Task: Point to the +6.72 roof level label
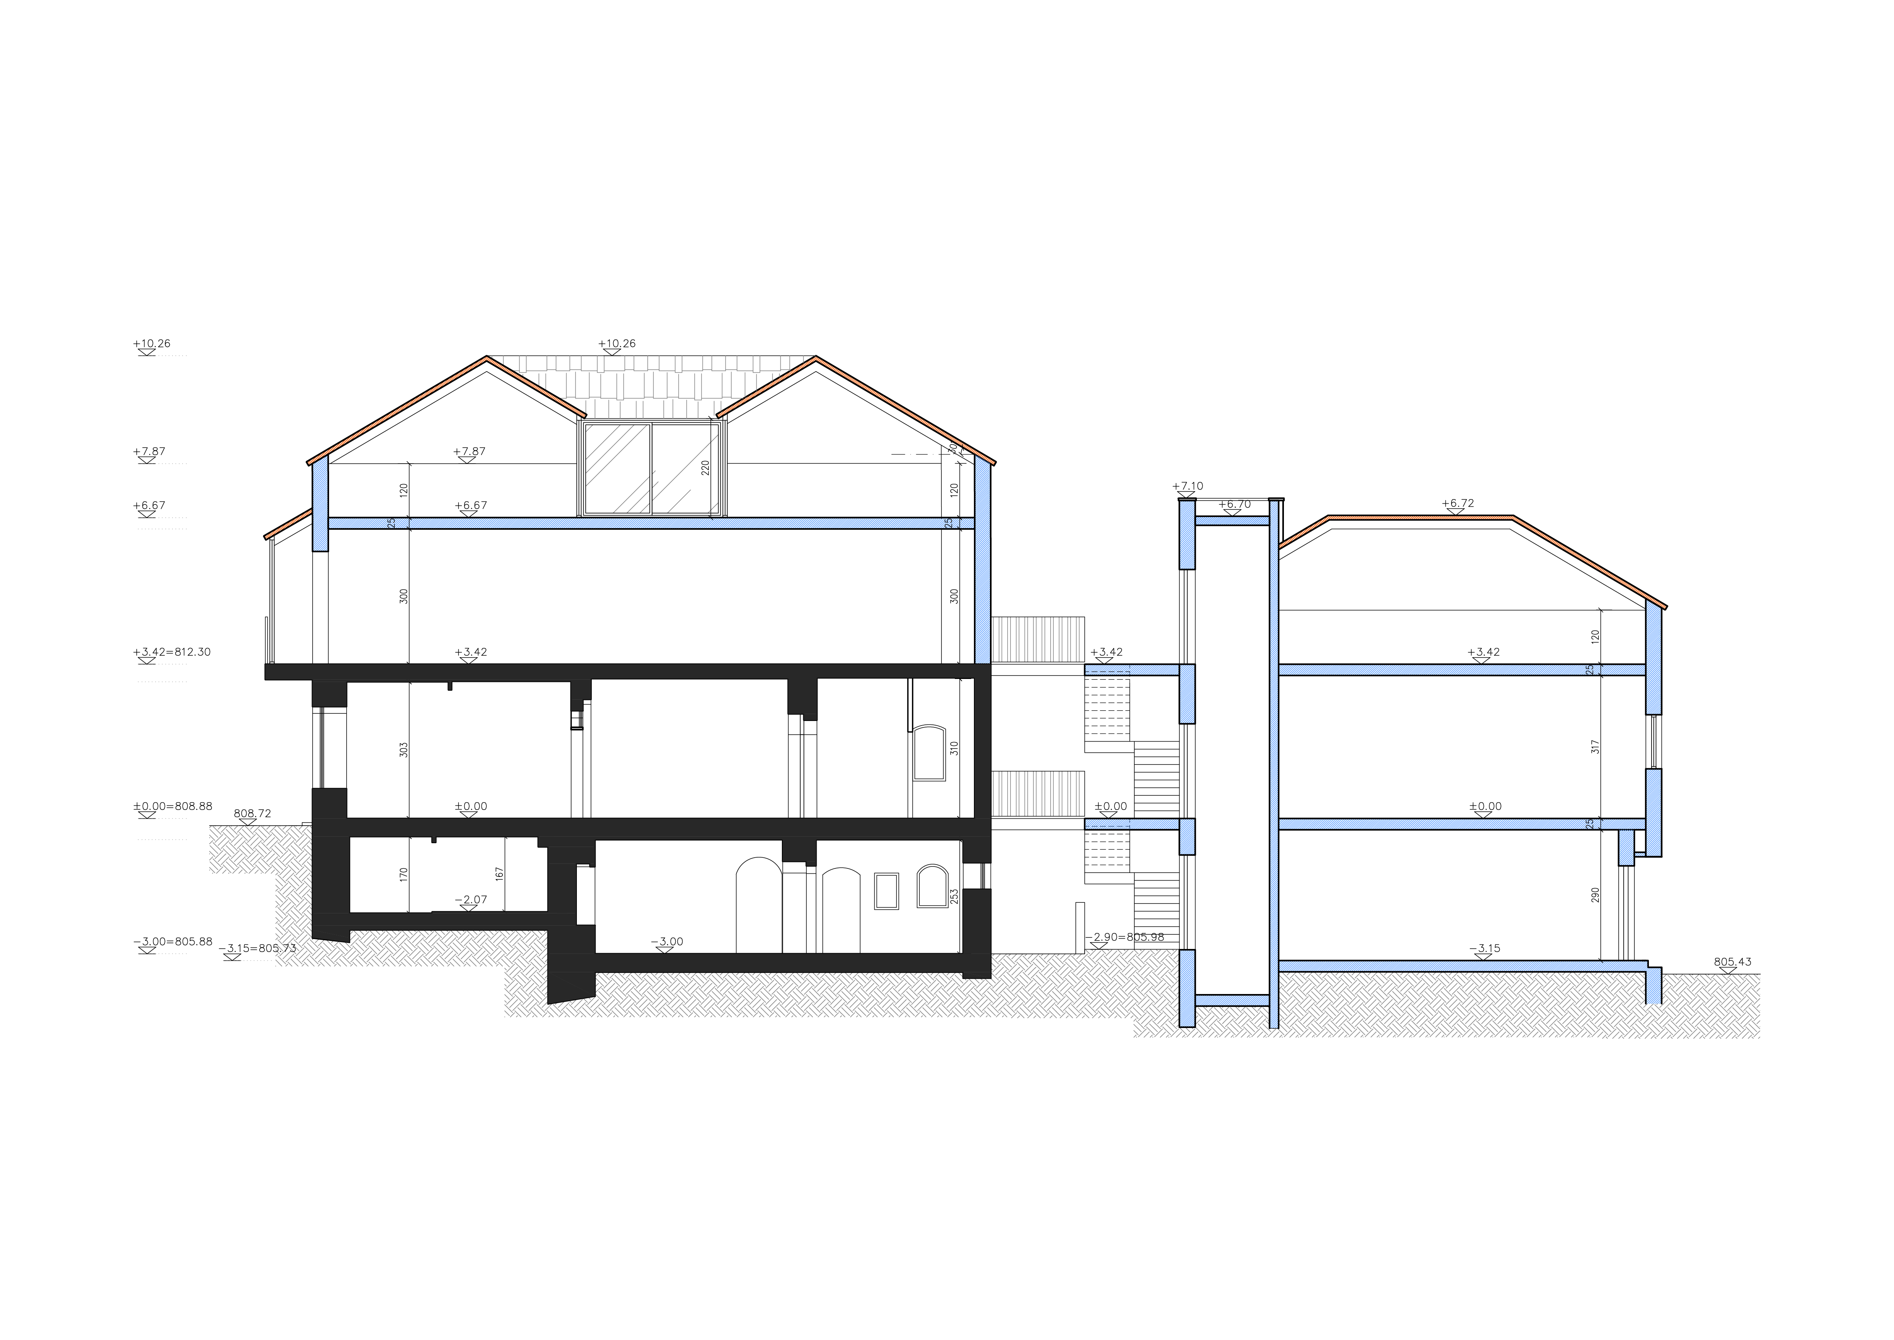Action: [x=1458, y=503]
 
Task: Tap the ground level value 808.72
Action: [x=252, y=813]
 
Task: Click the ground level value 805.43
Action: [x=1733, y=962]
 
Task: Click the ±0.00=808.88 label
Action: [x=173, y=806]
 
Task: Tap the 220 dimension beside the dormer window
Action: [x=705, y=468]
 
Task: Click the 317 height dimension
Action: [x=1595, y=747]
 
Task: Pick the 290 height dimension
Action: [x=1595, y=895]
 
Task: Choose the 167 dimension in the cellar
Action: [x=499, y=873]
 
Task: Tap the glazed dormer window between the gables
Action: [x=652, y=468]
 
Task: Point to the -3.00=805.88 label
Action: [x=173, y=941]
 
